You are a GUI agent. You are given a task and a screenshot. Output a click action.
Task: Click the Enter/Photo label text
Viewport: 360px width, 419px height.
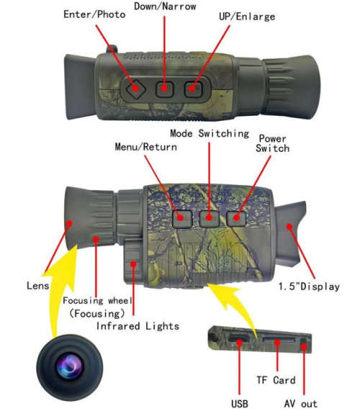pos(94,14)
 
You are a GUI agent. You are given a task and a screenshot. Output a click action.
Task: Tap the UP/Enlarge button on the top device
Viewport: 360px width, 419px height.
pos(192,89)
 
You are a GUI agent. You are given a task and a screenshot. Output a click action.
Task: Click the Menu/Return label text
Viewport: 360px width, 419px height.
pos(147,147)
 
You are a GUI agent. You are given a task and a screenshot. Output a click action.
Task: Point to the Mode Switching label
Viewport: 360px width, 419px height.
pos(210,134)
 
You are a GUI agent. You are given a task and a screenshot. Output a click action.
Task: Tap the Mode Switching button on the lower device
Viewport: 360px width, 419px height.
pos(210,217)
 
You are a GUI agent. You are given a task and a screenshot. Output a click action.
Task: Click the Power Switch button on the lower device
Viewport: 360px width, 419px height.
pos(235,216)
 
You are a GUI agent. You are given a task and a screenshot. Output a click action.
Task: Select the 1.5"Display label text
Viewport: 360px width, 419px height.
pos(309,287)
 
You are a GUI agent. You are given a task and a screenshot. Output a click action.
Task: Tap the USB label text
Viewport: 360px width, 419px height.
pos(241,403)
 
